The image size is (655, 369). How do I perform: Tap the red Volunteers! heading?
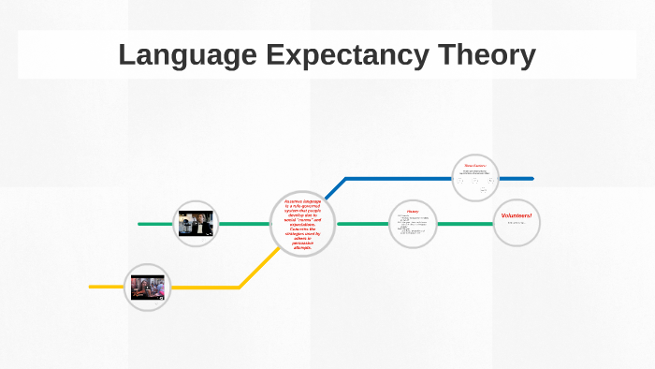click(x=517, y=216)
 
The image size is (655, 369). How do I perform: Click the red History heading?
click(x=413, y=212)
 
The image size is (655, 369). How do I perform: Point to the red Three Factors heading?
click(x=475, y=166)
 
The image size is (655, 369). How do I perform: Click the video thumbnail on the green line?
click(x=196, y=224)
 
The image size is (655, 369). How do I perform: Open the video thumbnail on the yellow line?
click(x=147, y=287)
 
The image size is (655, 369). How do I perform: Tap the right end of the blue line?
click(x=531, y=178)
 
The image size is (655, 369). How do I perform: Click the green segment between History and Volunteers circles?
click(x=465, y=224)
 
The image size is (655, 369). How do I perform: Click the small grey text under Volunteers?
click(x=517, y=224)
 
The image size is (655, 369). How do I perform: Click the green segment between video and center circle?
click(x=245, y=224)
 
